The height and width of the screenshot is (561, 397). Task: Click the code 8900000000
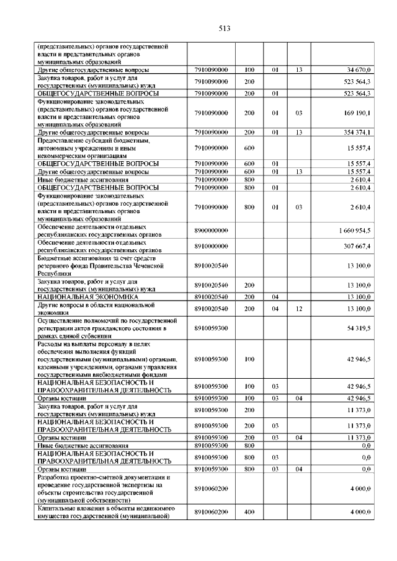(212, 231)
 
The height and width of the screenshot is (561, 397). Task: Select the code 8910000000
(212, 246)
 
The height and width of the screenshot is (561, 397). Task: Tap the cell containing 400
(249, 513)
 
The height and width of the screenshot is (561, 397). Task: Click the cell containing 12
(298, 308)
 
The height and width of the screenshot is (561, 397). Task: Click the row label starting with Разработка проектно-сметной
(103, 488)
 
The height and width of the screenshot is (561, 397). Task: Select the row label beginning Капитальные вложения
(103, 513)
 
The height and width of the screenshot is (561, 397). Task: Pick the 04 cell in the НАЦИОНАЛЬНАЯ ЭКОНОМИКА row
(274, 298)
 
